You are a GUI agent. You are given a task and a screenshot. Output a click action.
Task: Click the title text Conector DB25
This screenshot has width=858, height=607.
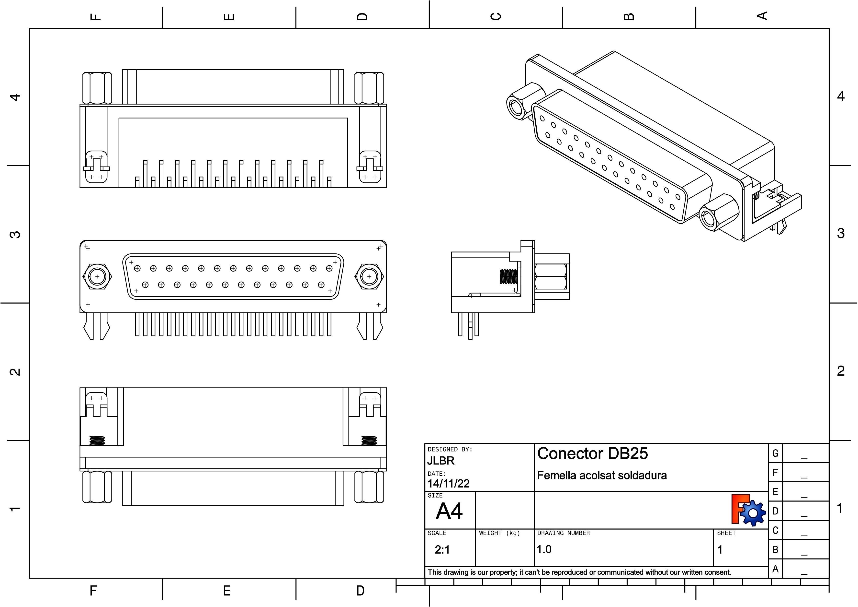[x=592, y=453]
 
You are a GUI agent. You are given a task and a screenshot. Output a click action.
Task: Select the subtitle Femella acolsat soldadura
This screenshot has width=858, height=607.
[x=602, y=475]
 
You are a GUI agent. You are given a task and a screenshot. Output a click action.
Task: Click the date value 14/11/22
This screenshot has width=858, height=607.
[x=448, y=484]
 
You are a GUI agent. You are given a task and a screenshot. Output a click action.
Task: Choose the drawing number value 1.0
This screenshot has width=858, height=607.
[x=544, y=549]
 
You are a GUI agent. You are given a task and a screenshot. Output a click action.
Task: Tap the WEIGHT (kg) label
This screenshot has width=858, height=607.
[x=499, y=533]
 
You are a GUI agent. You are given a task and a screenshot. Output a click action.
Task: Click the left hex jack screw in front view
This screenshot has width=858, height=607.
[x=97, y=277]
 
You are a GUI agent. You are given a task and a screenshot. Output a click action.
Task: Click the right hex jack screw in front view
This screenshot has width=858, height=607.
[x=369, y=277]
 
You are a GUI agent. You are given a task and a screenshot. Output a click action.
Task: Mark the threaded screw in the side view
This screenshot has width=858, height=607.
[x=508, y=276]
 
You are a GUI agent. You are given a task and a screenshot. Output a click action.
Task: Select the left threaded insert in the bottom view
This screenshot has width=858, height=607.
[x=97, y=440]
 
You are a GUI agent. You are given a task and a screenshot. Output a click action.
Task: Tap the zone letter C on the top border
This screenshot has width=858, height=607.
[x=496, y=16]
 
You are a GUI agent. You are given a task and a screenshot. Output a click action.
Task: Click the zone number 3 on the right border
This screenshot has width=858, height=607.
[x=840, y=233]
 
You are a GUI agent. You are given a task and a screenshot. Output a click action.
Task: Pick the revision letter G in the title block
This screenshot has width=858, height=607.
[x=775, y=453]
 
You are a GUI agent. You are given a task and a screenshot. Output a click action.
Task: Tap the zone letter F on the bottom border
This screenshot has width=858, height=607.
[x=93, y=591]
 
